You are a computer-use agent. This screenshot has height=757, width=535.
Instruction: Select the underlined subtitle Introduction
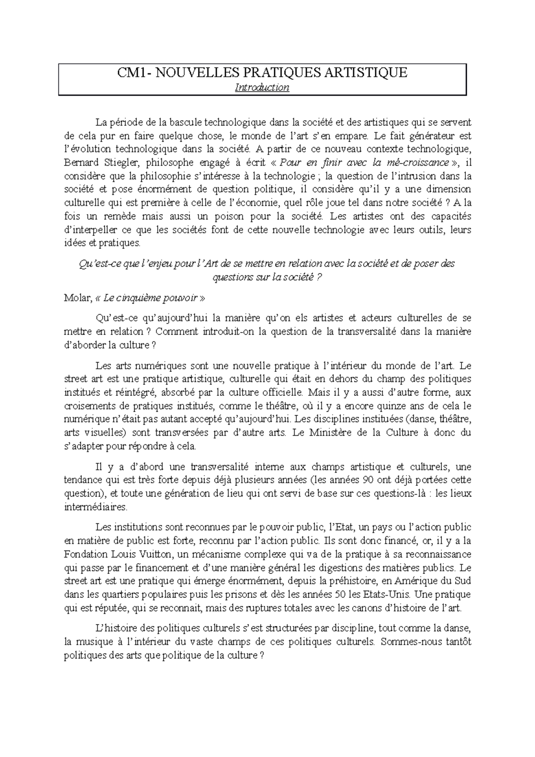[x=262, y=87]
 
